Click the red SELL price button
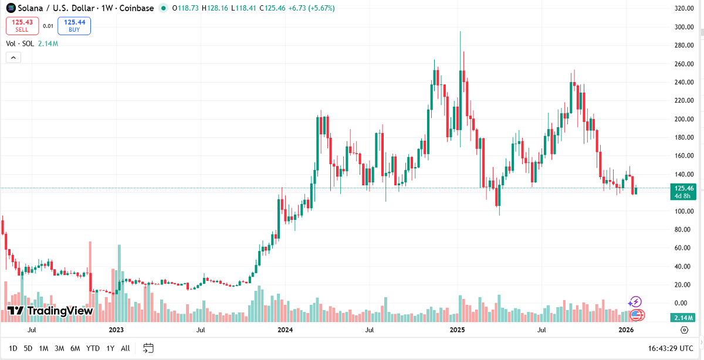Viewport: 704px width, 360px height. coord(22,26)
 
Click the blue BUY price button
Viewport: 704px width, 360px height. coord(75,26)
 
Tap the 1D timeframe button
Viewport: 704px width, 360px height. coord(12,348)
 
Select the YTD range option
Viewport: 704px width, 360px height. coord(93,348)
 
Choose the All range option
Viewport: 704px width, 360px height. coord(125,348)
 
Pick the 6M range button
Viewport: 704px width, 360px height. coord(75,348)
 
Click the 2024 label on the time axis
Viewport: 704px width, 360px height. coord(285,330)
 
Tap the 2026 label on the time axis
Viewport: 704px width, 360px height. coord(626,330)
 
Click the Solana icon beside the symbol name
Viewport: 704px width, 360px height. coord(11,8)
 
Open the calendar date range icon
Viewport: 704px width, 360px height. coord(148,348)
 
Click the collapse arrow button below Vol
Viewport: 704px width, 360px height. coord(13,57)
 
